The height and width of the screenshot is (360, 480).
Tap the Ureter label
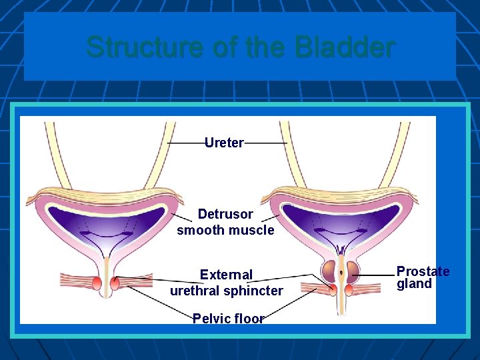224,143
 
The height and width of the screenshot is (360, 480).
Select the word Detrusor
225,214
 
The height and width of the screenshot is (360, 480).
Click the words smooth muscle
225,231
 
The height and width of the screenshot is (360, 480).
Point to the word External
226,275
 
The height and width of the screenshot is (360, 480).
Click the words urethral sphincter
226,291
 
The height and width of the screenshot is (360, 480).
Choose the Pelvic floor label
228,318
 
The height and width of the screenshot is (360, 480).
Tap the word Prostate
423,271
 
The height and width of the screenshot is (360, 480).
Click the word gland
414,283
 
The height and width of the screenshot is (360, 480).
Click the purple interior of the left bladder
106,220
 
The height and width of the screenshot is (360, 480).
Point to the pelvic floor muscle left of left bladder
73,281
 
